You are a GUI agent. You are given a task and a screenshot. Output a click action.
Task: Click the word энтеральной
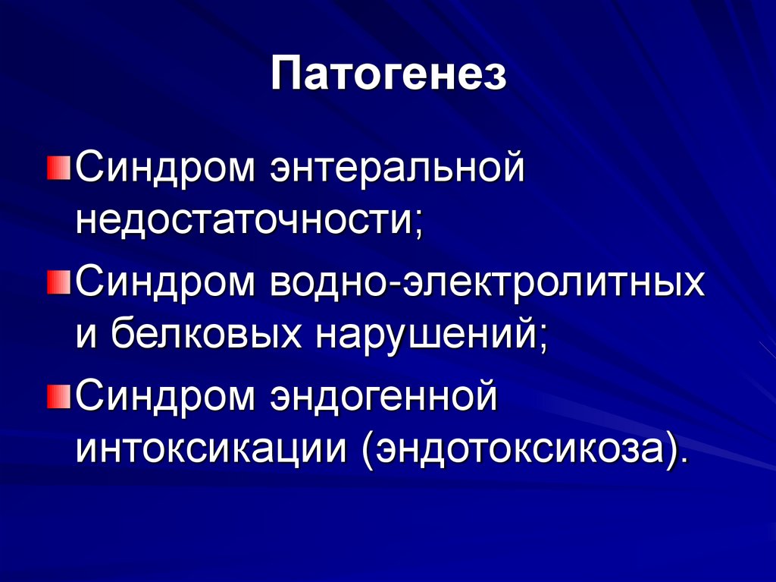394,166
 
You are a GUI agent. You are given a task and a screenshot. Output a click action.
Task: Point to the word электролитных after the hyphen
550,282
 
